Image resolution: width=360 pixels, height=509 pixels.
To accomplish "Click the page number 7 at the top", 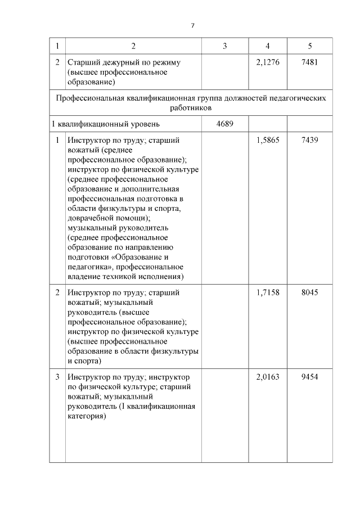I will click(192, 26).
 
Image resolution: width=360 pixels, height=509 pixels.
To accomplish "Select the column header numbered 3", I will click(224, 46).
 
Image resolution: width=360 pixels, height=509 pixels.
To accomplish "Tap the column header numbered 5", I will click(309, 46).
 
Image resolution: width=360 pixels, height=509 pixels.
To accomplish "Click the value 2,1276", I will click(267, 62).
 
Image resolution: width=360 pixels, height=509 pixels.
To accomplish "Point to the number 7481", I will click(309, 62).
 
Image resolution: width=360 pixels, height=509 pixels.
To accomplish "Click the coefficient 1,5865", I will click(267, 140).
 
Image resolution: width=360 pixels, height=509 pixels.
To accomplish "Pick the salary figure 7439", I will click(309, 140).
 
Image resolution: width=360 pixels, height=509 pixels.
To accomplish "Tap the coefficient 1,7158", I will click(267, 292).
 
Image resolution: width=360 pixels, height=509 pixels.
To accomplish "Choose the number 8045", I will click(309, 292).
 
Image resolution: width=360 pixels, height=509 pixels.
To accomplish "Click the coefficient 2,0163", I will click(267, 376).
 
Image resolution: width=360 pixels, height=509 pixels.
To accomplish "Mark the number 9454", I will click(309, 376).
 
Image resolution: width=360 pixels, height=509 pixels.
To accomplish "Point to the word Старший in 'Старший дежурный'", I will click(83, 62).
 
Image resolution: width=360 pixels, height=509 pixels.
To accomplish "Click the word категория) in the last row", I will click(87, 417).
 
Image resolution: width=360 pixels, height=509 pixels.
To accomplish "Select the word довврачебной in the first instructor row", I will click(92, 217).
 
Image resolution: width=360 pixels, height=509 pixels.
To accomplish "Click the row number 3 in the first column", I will click(57, 376).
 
